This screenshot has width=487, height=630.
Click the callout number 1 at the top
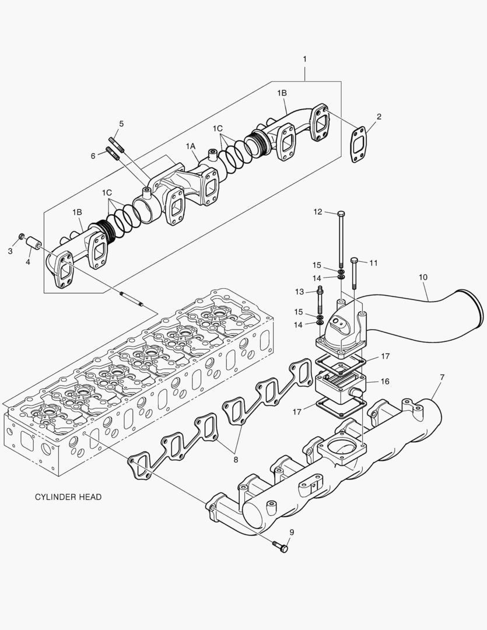304,60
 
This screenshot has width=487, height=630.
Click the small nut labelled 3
21,236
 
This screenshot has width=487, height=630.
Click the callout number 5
121,124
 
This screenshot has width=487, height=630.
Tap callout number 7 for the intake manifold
442,377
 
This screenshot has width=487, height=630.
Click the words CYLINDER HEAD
68,497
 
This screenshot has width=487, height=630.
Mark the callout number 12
317,212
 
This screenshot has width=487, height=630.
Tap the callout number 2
379,117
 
